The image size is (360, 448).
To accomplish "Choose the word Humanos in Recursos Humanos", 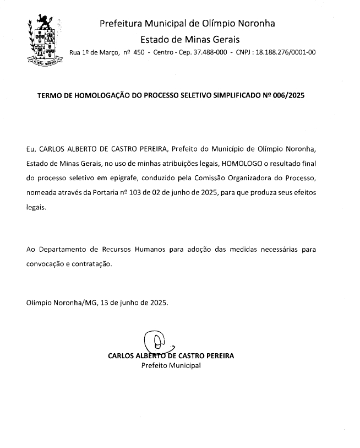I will point(149,249).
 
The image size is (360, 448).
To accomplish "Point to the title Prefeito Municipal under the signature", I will point(171,365).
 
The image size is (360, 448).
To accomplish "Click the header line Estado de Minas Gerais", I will point(190,39).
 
